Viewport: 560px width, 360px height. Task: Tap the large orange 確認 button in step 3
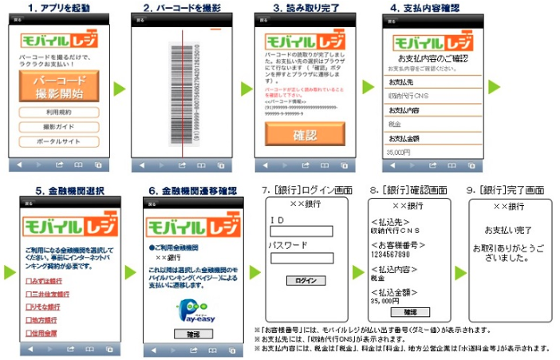[306, 133]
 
